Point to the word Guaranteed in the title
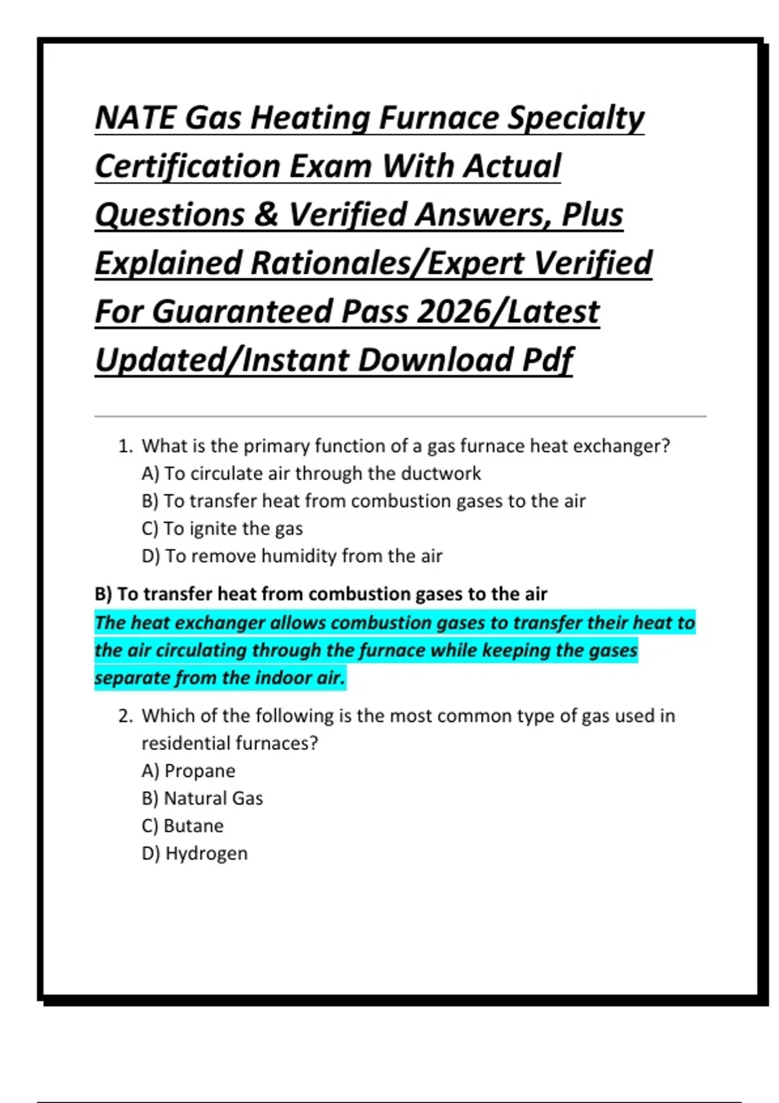[x=243, y=311]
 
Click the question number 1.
[x=125, y=446]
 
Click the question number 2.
[x=125, y=716]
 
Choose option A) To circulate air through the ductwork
[x=311, y=474]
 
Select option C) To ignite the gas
[x=222, y=529]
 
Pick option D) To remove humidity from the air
[x=291, y=556]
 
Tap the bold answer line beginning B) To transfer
[x=321, y=594]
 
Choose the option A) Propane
[x=188, y=771]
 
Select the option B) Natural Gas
[x=202, y=798]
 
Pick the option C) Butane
[x=182, y=826]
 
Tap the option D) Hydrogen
[x=194, y=853]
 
